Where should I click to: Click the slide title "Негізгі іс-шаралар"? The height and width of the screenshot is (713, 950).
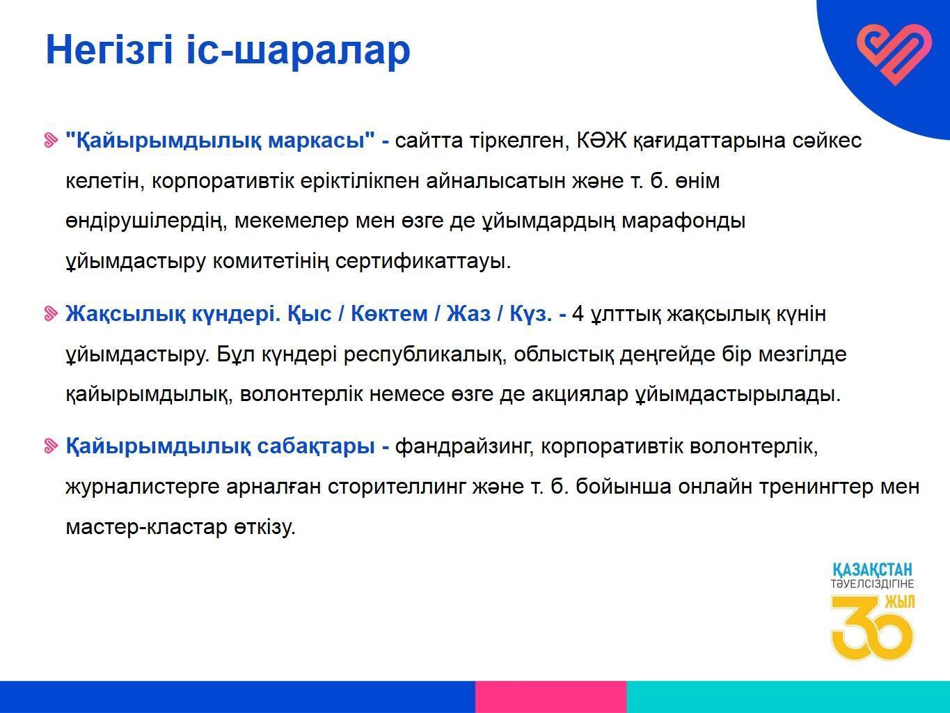228,50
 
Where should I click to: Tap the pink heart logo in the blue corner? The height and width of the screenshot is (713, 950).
894,54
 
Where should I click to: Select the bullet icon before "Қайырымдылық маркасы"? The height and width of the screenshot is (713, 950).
51,141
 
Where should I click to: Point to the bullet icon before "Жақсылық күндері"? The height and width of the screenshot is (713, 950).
51,314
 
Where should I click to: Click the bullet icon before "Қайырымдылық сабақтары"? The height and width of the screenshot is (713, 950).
51,446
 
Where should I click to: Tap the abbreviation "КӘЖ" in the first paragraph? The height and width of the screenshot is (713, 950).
601,140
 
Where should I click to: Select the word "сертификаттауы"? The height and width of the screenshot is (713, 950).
423,260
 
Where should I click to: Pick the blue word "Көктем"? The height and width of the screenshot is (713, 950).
389,313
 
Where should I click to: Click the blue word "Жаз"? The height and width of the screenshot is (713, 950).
468,313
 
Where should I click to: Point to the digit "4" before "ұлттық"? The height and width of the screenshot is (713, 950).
578,313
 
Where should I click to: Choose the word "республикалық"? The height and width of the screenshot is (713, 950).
425,354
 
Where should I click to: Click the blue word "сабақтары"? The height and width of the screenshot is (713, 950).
316,446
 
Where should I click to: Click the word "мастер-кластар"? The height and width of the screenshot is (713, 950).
146,527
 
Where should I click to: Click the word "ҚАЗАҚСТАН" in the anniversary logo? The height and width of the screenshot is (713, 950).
872,570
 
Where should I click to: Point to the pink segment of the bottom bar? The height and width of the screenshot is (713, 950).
551,697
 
